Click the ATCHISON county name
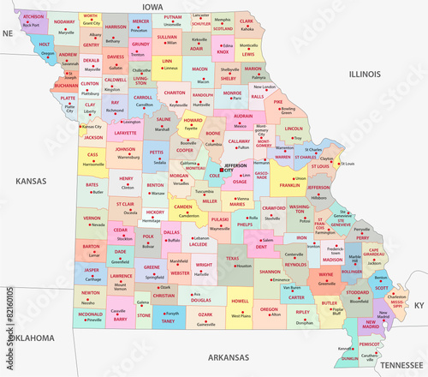click(33, 17)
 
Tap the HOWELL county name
click(241, 302)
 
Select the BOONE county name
click(214, 134)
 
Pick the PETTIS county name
click(157, 153)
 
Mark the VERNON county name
click(92, 218)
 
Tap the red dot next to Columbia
click(205, 144)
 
